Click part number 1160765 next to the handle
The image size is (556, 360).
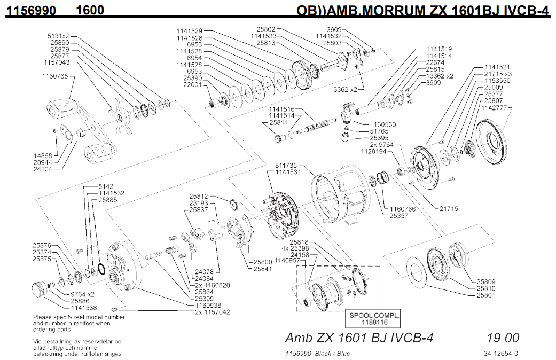[x=55, y=76]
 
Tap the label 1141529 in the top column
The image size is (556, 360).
[x=189, y=31]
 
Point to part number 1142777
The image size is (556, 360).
[x=495, y=107]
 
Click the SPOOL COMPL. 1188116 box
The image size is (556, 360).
[x=374, y=319]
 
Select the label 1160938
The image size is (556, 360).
[x=212, y=305]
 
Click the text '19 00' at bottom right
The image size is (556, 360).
[x=503, y=338]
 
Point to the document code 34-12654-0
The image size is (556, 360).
[x=500, y=353]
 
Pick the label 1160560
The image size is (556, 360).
[x=382, y=124]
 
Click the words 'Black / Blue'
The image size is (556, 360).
[x=332, y=353]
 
